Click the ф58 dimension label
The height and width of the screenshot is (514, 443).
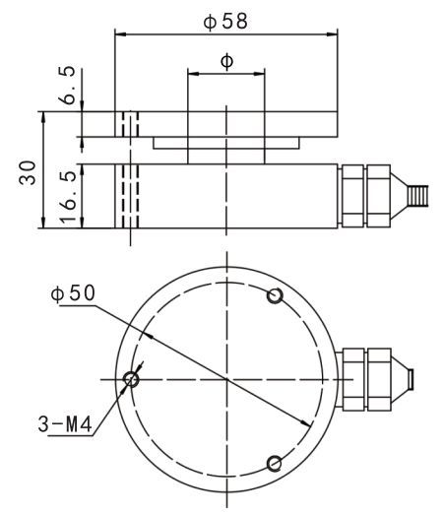[225, 22]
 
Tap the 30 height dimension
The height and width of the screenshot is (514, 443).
[28, 172]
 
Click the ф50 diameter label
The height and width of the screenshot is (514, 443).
[73, 293]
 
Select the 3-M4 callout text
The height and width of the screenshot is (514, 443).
[65, 424]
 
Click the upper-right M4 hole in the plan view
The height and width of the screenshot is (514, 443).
[275, 295]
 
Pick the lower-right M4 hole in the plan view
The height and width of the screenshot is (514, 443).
[274, 464]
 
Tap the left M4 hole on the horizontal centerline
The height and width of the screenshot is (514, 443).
[131, 379]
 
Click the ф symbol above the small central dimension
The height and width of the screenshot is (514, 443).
[226, 61]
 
